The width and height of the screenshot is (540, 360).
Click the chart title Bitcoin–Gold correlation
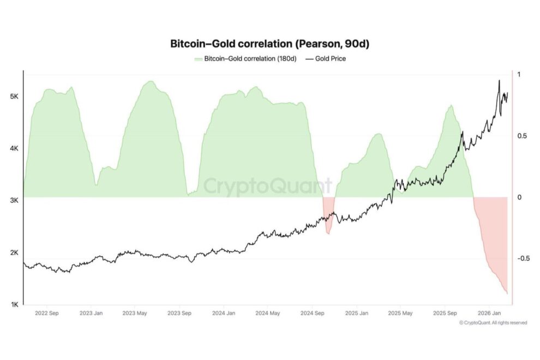click(x=270, y=44)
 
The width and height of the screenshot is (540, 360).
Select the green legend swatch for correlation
click(x=198, y=58)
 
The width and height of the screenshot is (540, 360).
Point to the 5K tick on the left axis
click(x=15, y=97)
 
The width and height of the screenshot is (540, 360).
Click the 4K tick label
click(x=15, y=148)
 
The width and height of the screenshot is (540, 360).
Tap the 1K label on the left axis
click(x=15, y=304)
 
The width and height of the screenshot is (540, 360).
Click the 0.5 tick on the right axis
click(x=522, y=136)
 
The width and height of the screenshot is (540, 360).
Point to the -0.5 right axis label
click(x=523, y=258)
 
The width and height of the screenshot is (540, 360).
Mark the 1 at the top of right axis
click(x=519, y=75)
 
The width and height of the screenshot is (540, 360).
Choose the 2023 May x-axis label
click(x=135, y=314)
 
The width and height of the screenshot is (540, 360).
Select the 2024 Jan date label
click(x=223, y=314)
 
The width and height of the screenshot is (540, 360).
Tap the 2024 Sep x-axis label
click(x=313, y=314)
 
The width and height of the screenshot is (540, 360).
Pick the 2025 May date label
click(x=400, y=314)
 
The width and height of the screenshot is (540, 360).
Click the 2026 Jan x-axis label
click(x=489, y=314)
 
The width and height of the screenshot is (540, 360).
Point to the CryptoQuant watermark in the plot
click(x=267, y=186)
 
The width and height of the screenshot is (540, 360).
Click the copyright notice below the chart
click(x=493, y=323)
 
